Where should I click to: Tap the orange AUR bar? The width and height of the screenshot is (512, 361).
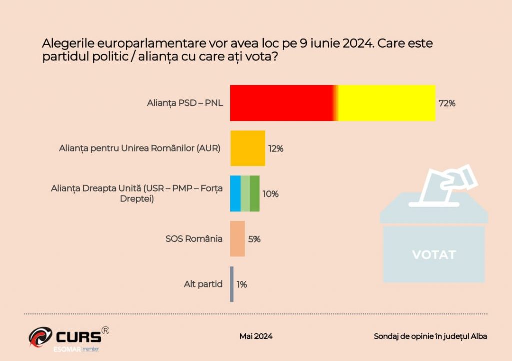pos(248,148)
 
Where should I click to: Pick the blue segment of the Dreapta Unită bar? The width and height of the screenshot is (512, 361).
pos(235,193)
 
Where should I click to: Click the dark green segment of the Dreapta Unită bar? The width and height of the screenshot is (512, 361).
pos(255,193)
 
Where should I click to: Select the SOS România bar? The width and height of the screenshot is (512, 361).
pos(238,239)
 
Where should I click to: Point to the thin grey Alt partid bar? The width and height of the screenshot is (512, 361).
pos(232,284)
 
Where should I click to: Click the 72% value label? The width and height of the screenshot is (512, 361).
pos(447,103)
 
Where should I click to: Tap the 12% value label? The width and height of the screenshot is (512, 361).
pos(276,148)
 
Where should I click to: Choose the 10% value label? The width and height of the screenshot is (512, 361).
pos(271,194)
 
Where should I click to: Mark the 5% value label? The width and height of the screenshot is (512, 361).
pos(254,239)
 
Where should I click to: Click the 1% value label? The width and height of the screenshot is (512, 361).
pos(242,284)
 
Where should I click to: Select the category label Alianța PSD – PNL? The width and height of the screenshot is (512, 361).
pos(185,103)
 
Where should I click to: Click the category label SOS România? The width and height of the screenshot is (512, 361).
pos(194,239)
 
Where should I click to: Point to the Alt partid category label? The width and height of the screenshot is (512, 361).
pos(203,284)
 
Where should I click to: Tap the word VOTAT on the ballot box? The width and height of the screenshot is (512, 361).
pos(434,255)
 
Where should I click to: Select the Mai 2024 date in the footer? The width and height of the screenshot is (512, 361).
pos(256,336)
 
